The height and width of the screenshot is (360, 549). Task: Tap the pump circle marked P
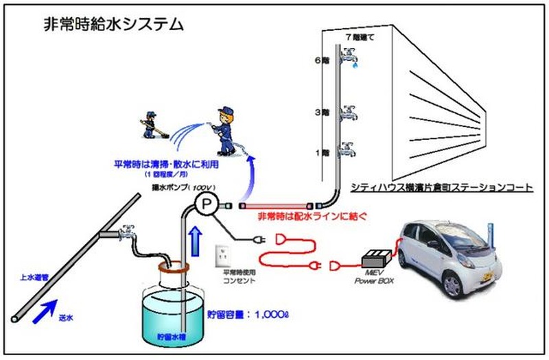coord(205,203)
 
